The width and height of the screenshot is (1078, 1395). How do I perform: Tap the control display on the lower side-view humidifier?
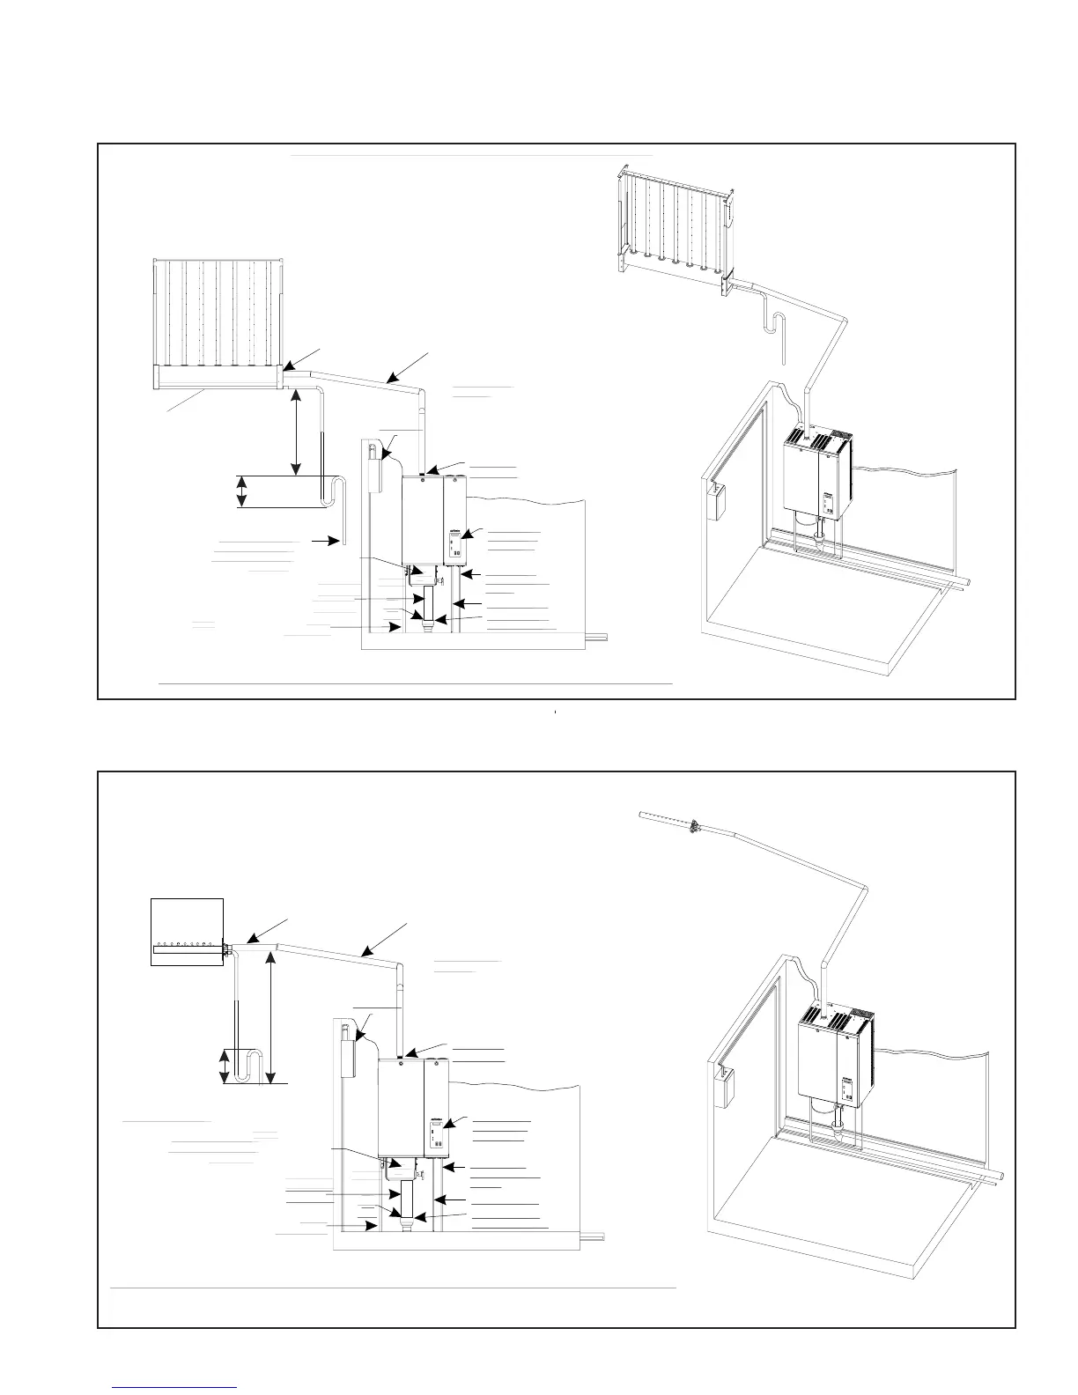(x=436, y=1129)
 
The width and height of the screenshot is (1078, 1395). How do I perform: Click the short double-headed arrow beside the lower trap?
(x=226, y=1065)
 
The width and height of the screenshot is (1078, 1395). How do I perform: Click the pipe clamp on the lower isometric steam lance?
(x=694, y=826)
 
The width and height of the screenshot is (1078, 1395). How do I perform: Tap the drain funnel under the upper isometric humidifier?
(x=819, y=551)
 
